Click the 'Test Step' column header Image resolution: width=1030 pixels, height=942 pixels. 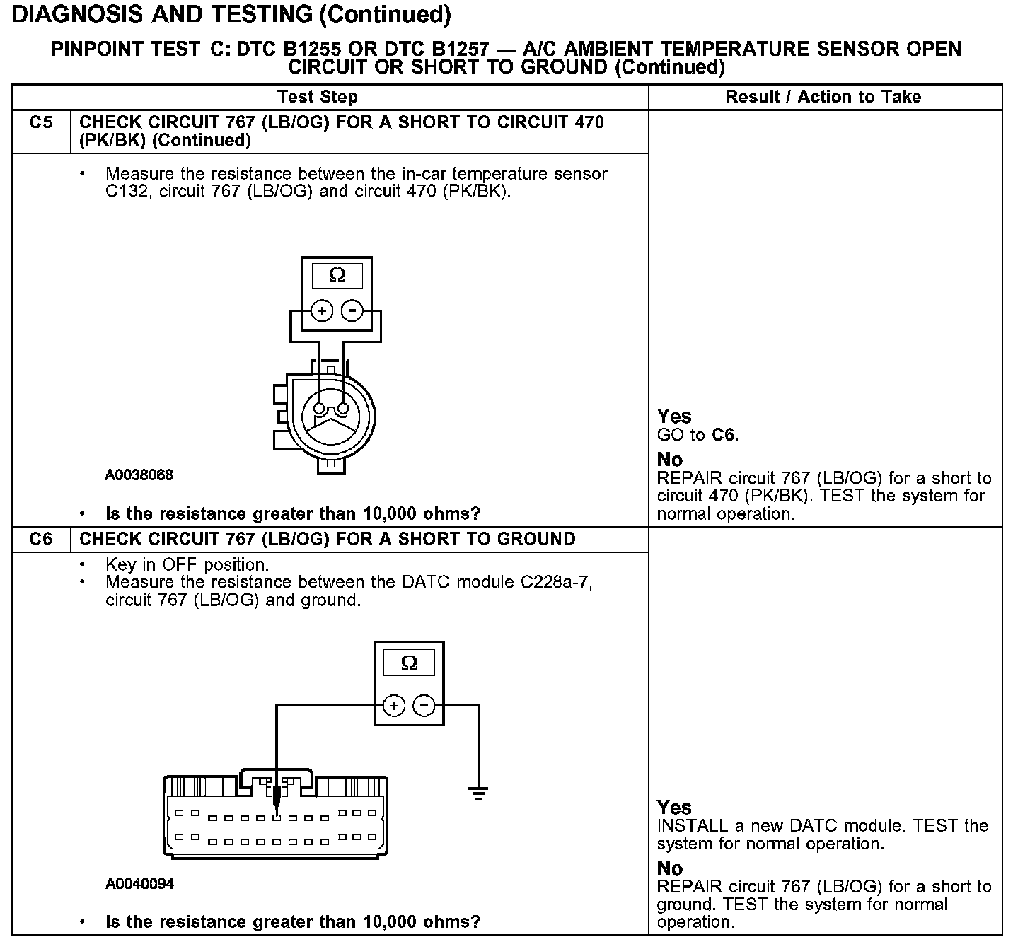pos(317,97)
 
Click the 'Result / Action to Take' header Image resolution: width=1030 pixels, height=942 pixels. pos(823,97)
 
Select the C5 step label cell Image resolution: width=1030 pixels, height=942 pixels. pos(41,122)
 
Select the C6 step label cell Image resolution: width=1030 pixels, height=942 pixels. pos(41,539)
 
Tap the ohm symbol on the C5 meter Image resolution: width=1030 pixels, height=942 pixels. pos(337,276)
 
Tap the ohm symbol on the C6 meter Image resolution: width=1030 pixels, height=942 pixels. pos(409,663)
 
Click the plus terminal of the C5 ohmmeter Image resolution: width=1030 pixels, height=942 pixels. pos(322,311)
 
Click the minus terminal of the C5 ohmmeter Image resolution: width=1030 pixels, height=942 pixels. pos(352,311)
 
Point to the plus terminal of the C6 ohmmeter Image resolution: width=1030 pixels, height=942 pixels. pos(394,706)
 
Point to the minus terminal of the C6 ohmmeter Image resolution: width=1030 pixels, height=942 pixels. pos(424,706)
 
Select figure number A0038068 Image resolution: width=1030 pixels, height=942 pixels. pos(139,475)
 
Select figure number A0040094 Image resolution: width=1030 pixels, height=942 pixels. pos(139,884)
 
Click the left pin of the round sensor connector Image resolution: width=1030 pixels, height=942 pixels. pos(320,409)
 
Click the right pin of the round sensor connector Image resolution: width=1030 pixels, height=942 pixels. pos(343,409)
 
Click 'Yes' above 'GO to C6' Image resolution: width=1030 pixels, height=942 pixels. pos(673,416)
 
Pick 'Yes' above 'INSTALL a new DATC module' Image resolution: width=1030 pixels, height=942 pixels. pos(673,807)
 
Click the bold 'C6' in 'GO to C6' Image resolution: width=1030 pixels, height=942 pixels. pos(723,434)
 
